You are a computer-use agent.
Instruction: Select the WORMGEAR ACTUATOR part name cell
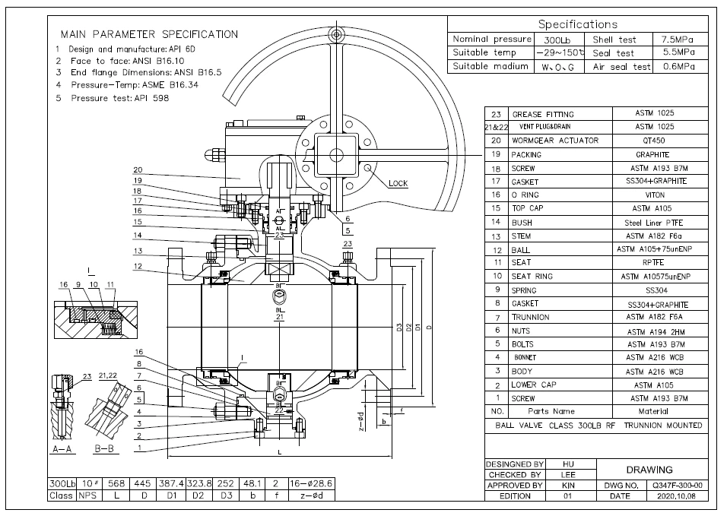click(x=554, y=141)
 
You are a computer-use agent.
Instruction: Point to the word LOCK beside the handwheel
click(x=398, y=184)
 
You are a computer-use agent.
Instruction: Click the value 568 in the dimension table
click(x=116, y=483)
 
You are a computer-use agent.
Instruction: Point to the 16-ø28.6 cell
click(x=311, y=483)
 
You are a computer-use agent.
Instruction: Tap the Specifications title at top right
click(x=578, y=24)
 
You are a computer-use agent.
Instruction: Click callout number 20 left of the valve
click(x=138, y=170)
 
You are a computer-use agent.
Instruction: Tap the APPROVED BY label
click(x=515, y=484)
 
